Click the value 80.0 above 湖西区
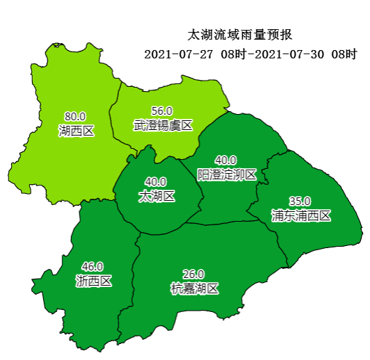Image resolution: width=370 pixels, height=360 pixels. coord(75,116)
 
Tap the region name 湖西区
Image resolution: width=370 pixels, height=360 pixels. coord(75,130)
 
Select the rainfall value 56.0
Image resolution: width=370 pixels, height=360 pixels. coord(162,111)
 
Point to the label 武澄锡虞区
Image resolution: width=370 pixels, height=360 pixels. coord(162,125)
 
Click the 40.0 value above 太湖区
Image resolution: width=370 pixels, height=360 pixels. coord(156,182)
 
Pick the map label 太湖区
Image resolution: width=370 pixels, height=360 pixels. coord(156,197)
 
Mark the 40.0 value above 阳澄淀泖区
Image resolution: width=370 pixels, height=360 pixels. coord(226,160)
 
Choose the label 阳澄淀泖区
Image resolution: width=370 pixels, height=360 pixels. coord(227,174)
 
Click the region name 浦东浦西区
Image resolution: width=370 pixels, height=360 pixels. coord(300,215)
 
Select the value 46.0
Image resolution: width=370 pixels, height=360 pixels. coord(92,266)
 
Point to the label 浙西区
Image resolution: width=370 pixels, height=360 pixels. coord(92,281)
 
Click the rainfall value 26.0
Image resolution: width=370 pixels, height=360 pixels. coord(193,274)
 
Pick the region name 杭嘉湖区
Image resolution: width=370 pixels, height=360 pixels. coord(194,288)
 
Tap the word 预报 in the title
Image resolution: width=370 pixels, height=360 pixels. coord(280,34)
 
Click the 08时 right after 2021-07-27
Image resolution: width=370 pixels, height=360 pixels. coord(234,54)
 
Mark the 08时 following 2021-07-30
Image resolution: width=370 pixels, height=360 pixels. coord(345,54)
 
